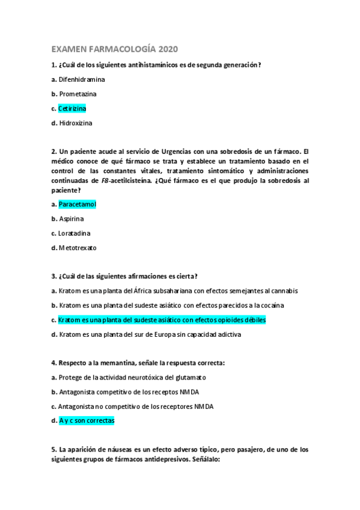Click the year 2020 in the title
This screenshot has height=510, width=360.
(166, 49)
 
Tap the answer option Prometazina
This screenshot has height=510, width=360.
(78, 94)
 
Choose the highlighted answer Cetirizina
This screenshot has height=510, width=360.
(72, 109)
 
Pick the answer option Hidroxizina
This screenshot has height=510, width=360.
(76, 123)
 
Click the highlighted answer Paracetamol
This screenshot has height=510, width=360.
(78, 204)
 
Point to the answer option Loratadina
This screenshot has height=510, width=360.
(75, 233)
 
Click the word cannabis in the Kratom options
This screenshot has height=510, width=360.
(282, 290)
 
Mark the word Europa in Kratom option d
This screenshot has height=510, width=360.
(175, 334)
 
